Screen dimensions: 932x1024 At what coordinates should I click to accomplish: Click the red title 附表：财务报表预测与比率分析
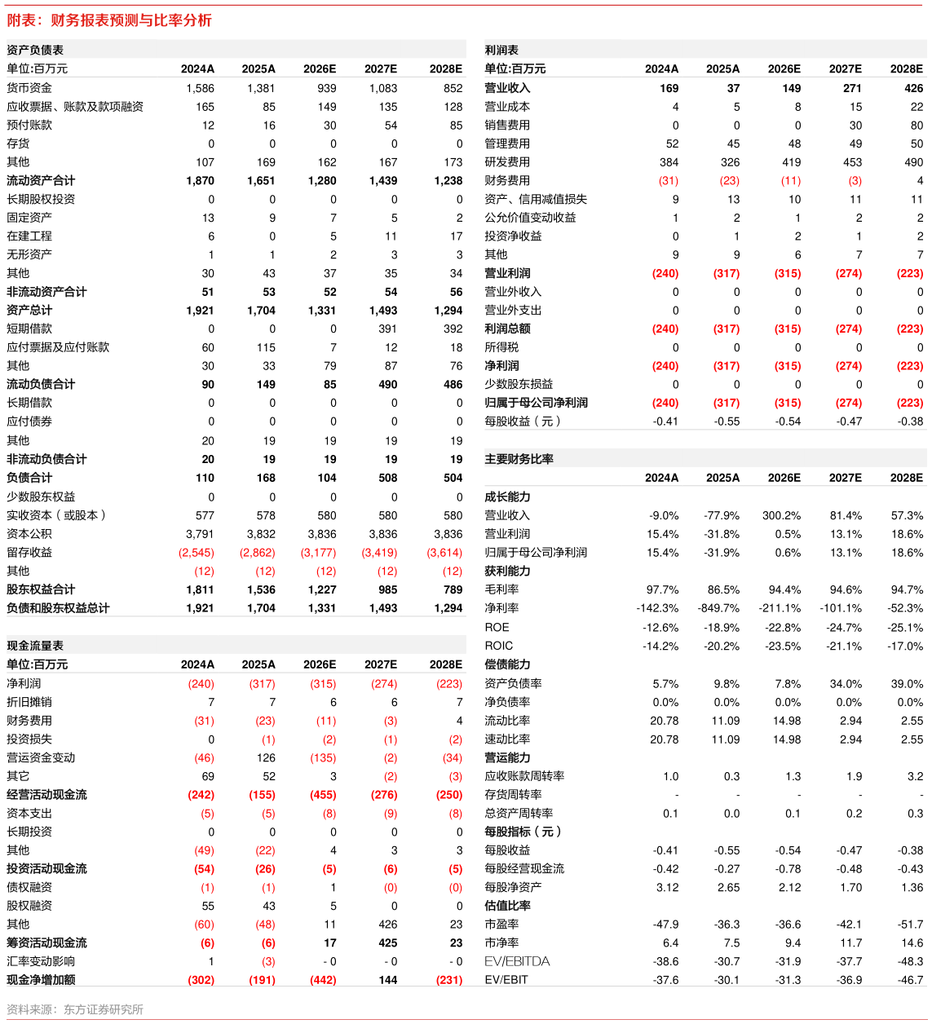pyautogui.click(x=108, y=20)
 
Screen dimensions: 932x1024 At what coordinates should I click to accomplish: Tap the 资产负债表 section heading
pyautogui.click(x=35, y=50)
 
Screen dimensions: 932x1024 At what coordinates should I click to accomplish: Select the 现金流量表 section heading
pyautogui.click(x=35, y=645)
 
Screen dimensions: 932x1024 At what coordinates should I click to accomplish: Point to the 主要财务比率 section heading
pyautogui.click(x=519, y=459)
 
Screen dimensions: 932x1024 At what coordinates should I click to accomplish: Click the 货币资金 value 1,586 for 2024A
pyautogui.click(x=201, y=88)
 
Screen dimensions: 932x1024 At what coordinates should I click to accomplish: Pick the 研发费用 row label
pyautogui.click(x=507, y=162)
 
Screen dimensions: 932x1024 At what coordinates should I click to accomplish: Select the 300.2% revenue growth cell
pyautogui.click(x=781, y=515)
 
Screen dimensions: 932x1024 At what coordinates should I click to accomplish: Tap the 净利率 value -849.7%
pyautogui.click(x=718, y=608)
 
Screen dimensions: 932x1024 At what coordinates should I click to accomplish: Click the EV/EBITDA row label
pyautogui.click(x=517, y=961)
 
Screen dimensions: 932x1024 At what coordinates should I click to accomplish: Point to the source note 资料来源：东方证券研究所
pyautogui.click(x=74, y=1009)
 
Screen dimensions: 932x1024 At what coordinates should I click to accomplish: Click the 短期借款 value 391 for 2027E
pyautogui.click(x=387, y=329)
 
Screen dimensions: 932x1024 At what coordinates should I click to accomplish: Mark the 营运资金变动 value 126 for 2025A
pyautogui.click(x=266, y=758)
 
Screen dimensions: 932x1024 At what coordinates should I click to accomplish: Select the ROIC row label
pyautogui.click(x=498, y=646)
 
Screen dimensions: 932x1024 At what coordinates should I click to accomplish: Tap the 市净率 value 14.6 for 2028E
pyautogui.click(x=912, y=942)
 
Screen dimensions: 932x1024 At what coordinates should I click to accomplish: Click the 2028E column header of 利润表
pyautogui.click(x=907, y=69)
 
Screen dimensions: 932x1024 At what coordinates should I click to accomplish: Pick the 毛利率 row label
pyautogui.click(x=501, y=589)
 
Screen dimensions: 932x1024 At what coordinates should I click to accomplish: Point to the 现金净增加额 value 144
pyautogui.click(x=388, y=980)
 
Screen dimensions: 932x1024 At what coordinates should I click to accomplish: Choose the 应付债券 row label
pyautogui.click(x=29, y=422)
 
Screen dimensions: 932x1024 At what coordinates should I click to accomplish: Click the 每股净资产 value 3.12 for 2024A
pyautogui.click(x=668, y=887)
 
